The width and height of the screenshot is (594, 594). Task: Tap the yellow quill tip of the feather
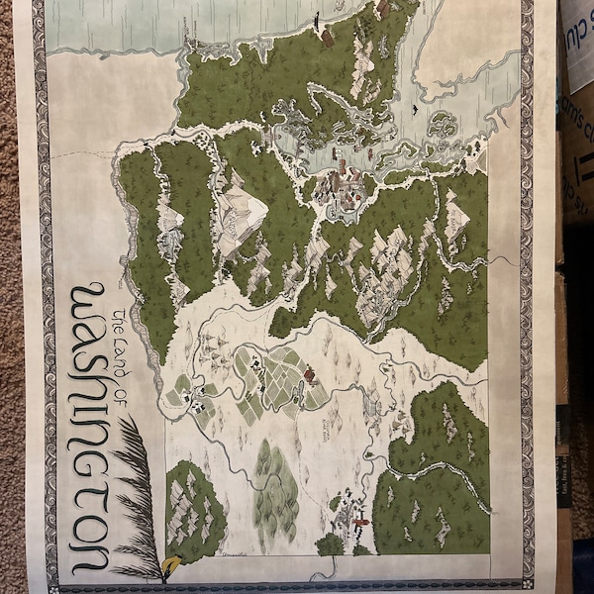tap(169, 565)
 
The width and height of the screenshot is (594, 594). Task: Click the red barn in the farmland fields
tap(309, 374)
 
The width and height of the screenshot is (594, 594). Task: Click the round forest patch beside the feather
tap(194, 509)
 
